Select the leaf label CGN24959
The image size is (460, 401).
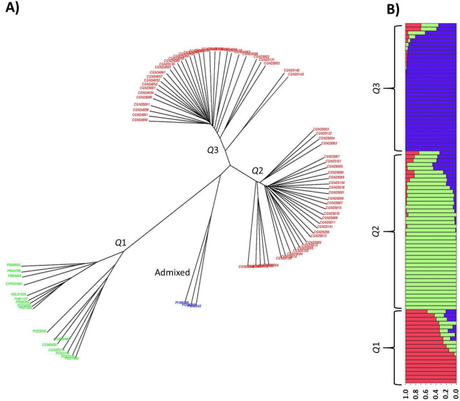tap(141, 120)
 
